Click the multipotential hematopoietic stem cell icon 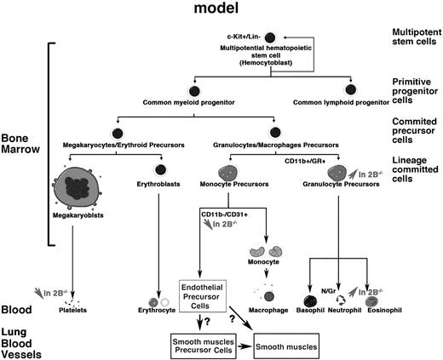point(270,38)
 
